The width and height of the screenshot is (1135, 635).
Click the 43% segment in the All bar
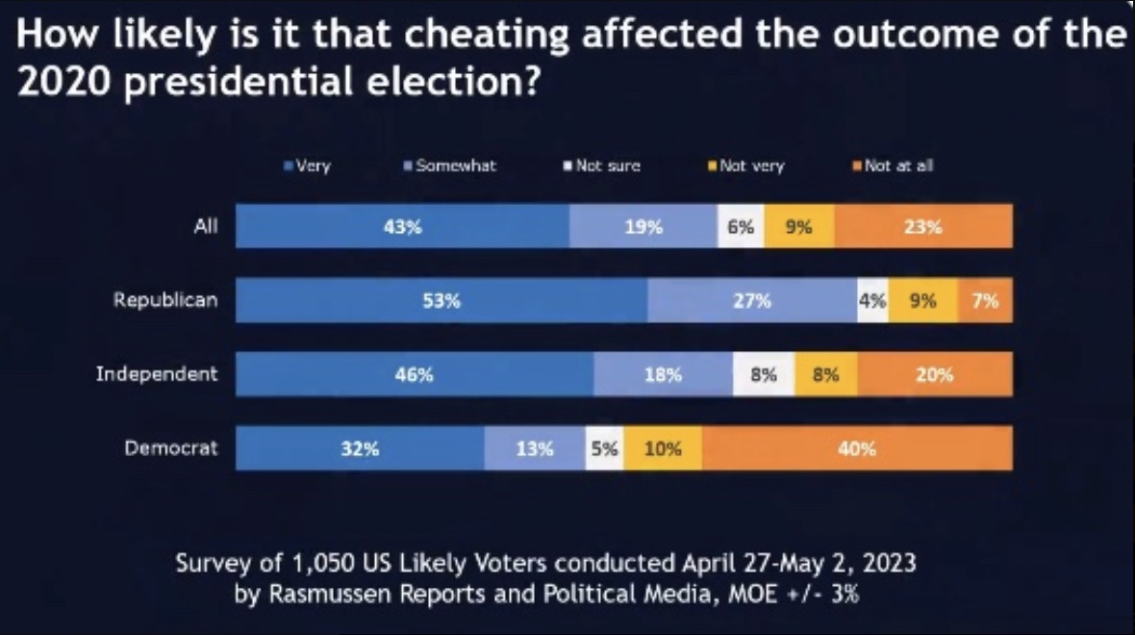coord(402,227)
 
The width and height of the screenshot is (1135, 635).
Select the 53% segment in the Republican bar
coord(441,301)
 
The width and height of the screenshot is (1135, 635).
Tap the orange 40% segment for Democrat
coord(856,448)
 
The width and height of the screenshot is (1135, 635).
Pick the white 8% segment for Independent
coord(764,375)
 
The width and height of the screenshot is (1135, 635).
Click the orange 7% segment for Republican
coord(985,301)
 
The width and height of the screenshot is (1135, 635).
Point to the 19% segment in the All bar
coord(643,227)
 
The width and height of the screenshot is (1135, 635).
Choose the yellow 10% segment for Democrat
coord(663,448)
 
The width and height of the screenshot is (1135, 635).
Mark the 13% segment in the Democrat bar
coord(535,448)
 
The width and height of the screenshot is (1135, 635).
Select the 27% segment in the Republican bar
coord(752,301)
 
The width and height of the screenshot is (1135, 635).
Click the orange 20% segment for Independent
coord(934,375)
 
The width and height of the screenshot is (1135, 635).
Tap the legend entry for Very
coord(308,165)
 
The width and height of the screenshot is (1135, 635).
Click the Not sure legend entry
coord(602,165)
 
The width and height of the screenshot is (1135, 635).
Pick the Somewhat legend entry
coord(450,165)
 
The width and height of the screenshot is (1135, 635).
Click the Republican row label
coord(165,300)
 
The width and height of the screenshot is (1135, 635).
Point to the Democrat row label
coord(171,447)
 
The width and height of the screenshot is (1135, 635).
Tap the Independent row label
coord(157,374)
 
